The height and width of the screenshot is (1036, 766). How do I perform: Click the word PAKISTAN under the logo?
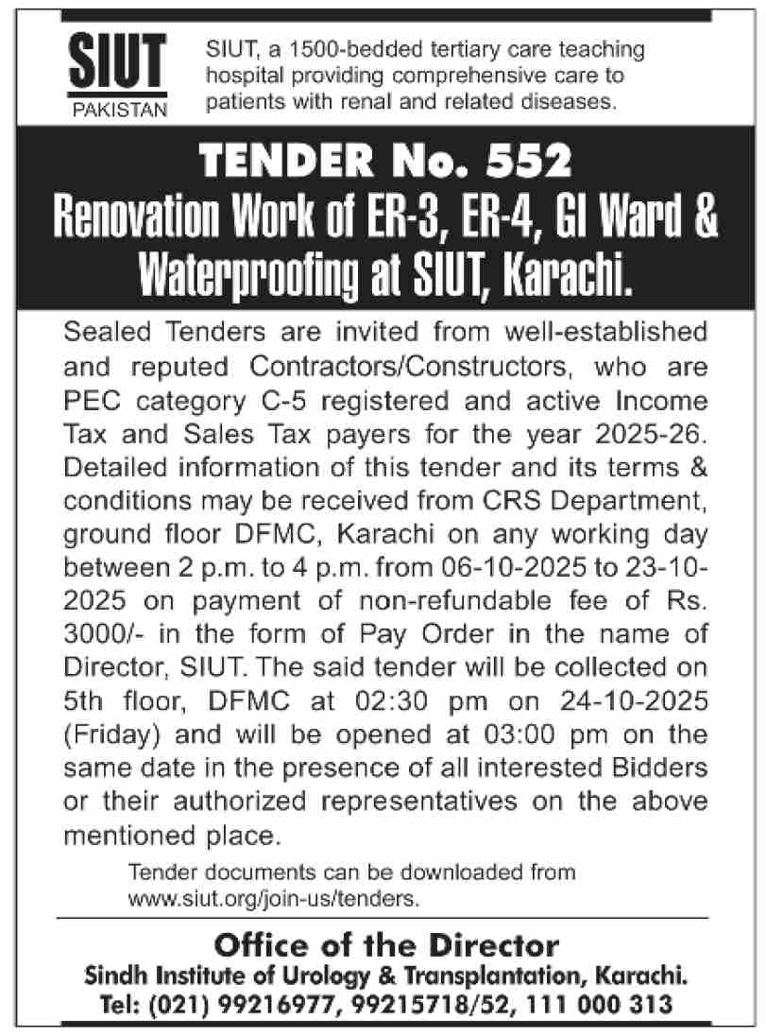(119, 110)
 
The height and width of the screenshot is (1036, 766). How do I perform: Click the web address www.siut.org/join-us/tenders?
(273, 892)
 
